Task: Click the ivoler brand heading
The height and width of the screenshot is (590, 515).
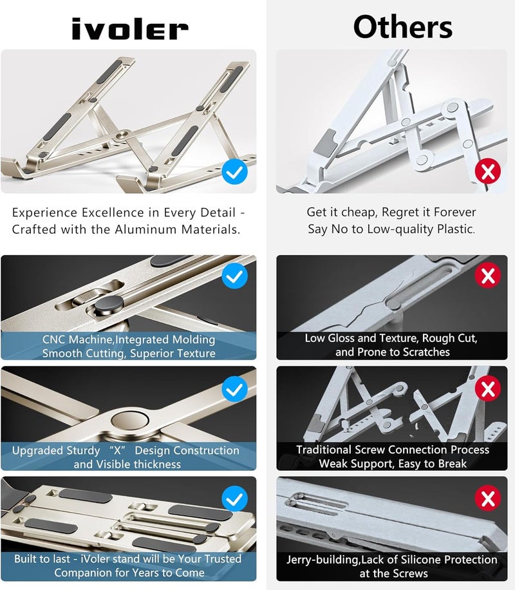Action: [129, 29]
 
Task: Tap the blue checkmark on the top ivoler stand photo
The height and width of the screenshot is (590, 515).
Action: [234, 172]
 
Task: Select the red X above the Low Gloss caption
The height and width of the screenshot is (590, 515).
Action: [488, 276]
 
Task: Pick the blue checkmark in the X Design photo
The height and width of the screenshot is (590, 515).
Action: [234, 389]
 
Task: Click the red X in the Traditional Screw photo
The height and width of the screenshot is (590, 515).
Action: [488, 388]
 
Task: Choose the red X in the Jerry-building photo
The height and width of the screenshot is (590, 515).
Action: [488, 498]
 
